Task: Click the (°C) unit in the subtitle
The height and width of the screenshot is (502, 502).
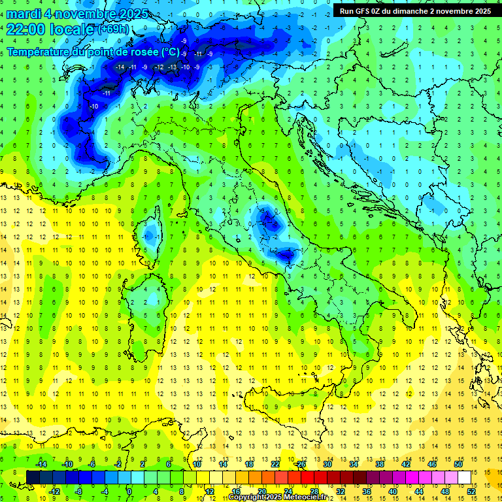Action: point(169,52)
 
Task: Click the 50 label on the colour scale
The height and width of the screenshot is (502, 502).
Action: point(458,464)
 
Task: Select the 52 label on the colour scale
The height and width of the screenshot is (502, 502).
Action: point(471,491)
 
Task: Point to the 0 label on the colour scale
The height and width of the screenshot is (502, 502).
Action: point(129,491)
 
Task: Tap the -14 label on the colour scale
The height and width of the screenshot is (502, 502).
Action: point(41,464)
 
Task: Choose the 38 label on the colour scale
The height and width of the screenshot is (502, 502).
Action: point(380,464)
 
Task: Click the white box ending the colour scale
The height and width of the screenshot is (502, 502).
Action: point(464,477)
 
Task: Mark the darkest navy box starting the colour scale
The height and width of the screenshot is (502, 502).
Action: point(33,477)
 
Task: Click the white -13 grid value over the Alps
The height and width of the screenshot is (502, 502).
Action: point(172,67)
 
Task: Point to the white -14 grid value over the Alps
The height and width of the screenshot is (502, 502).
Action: point(120,67)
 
